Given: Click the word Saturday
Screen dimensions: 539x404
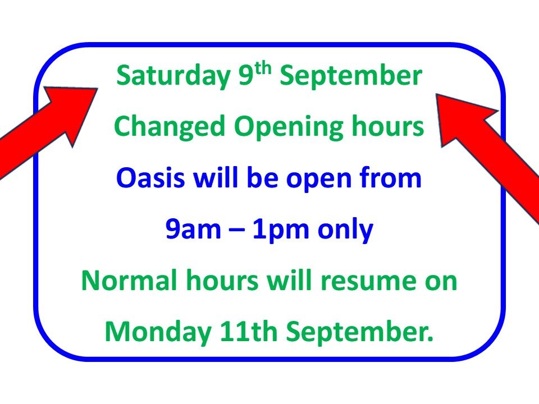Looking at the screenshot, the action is (173, 76).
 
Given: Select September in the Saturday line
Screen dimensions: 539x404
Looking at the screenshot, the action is (351, 77).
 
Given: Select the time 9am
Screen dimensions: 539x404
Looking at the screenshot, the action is (193, 229).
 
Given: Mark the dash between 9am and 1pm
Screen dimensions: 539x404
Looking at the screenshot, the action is (237, 231).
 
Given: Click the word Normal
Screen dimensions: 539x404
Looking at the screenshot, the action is (129, 281).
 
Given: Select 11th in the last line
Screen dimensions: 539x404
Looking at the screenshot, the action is (249, 331).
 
